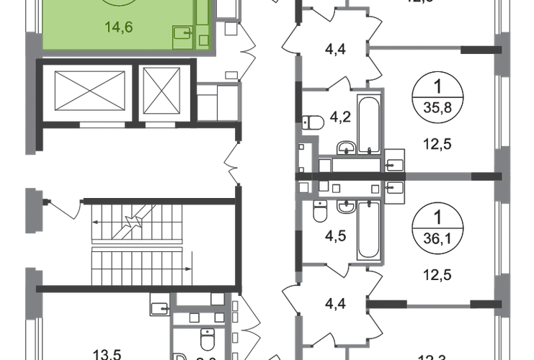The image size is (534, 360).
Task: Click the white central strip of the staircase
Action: pyautogui.click(x=136, y=245)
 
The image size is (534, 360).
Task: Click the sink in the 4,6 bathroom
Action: pyautogui.click(x=319, y=210)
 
